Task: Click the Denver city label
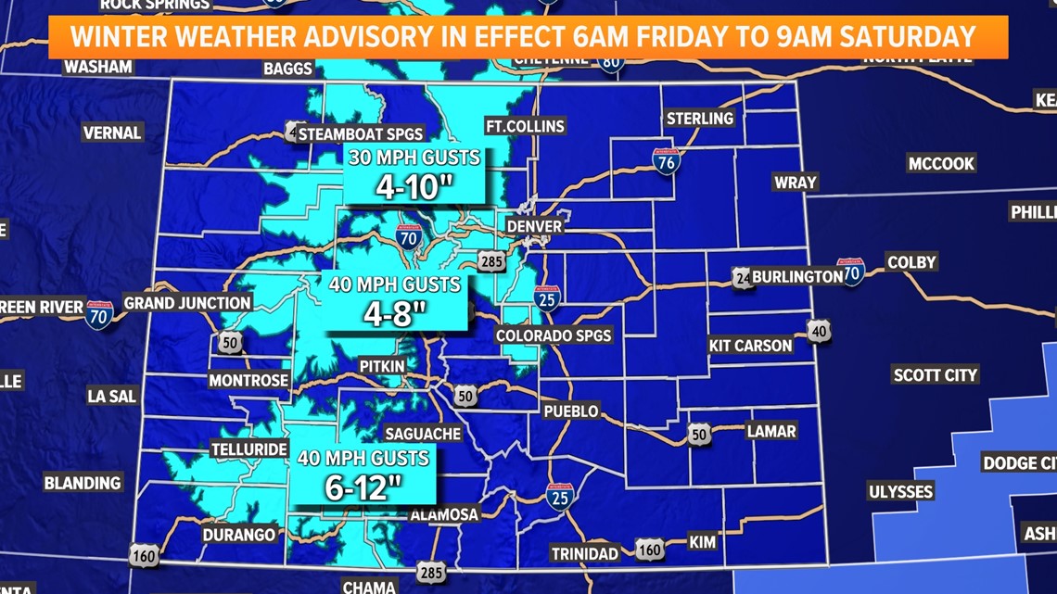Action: [x=534, y=226]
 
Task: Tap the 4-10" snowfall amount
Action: [x=415, y=186]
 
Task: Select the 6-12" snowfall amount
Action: [x=363, y=487]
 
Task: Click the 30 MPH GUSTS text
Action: [x=414, y=158]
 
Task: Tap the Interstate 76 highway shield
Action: [x=666, y=161]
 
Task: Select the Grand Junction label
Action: [x=187, y=303]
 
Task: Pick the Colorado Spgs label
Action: [x=554, y=335]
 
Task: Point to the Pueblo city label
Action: [x=571, y=411]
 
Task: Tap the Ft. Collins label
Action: [x=525, y=126]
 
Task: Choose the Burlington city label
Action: [x=796, y=276]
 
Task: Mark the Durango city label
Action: [x=239, y=535]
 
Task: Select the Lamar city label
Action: [x=771, y=431]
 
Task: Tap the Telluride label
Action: [x=249, y=449]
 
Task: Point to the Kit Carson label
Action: [x=750, y=346]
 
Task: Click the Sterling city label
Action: [x=700, y=119]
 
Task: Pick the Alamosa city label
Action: [x=444, y=514]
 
